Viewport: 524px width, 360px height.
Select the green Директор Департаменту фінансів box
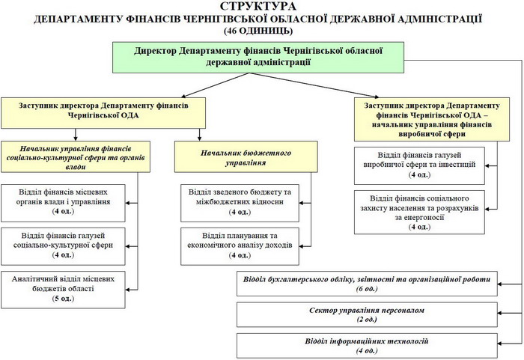click(258, 56)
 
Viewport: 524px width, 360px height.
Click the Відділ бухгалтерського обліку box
click(365, 284)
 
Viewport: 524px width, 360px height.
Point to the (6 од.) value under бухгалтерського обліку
click(365, 289)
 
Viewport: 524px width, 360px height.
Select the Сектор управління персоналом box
click(365, 314)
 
